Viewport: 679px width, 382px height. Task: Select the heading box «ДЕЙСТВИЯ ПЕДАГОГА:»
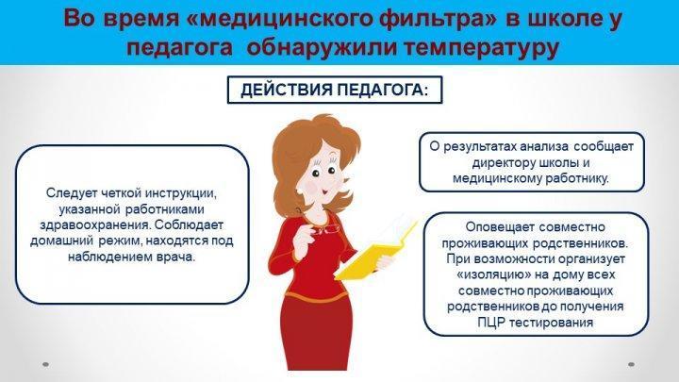pos(335,90)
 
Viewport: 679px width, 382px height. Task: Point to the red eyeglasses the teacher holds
pos(323,229)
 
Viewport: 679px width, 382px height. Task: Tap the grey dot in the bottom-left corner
pos(46,364)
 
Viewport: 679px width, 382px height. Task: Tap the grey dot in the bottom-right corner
pos(631,364)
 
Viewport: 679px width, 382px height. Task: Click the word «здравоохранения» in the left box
pos(95,225)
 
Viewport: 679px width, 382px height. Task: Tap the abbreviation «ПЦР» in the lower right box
pos(491,323)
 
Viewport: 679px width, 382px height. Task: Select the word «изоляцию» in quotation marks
pos(488,274)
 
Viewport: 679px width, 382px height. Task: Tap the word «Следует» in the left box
pos(72,193)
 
